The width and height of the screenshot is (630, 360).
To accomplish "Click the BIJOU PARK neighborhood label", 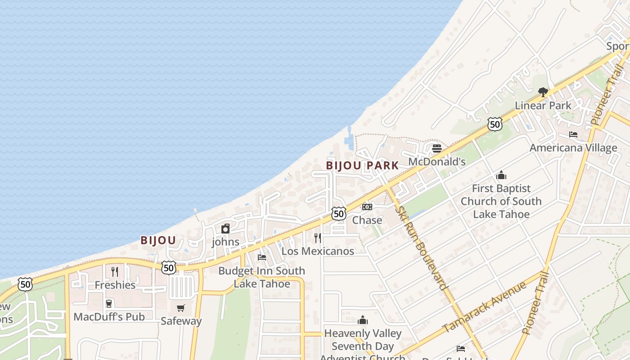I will click(362, 166).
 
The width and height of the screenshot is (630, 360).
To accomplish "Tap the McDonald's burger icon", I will click(436, 148).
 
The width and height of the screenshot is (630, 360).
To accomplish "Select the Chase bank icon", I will click(367, 207).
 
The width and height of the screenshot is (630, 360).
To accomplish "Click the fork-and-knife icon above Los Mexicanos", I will click(318, 238).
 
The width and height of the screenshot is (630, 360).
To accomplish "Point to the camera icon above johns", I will click(225, 229).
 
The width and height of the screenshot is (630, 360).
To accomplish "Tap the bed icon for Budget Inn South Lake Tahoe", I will click(262, 257).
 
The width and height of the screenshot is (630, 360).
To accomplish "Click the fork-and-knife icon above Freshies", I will click(115, 271).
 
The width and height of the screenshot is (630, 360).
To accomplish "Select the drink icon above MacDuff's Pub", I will click(109, 303).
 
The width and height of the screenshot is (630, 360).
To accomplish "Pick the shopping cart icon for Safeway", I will click(181, 308).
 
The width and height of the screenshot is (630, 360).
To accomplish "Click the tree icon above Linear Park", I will click(543, 92).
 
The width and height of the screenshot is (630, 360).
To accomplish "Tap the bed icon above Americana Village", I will click(573, 135).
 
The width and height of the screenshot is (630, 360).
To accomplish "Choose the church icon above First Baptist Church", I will click(501, 175).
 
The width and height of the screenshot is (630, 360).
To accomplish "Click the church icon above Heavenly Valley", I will click(363, 320).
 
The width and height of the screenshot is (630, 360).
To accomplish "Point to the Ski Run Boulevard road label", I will click(421, 247).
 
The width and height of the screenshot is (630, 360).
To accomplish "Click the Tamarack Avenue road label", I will click(484, 307).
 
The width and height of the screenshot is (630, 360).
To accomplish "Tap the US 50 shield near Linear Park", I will click(495, 124).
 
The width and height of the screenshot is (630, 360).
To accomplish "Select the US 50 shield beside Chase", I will click(339, 213).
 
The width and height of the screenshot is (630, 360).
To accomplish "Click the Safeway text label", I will click(181, 321).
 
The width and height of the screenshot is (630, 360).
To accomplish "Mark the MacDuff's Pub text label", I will click(109, 317).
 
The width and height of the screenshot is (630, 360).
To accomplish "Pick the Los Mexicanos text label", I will click(318, 251).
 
